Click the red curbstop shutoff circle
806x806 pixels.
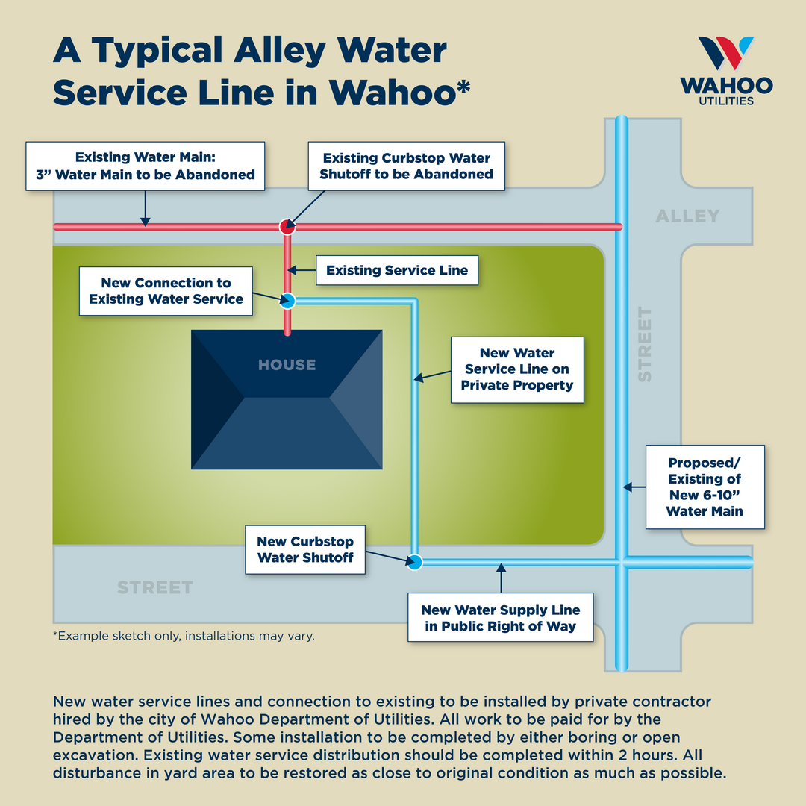click(x=287, y=226)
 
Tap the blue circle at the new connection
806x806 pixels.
click(x=288, y=301)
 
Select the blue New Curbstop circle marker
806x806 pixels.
click(x=416, y=561)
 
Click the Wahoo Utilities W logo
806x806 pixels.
click(x=725, y=53)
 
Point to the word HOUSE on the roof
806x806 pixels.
click(x=287, y=365)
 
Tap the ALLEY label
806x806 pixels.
click(x=687, y=216)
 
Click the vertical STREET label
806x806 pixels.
click(x=645, y=345)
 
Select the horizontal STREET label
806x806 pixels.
click(x=155, y=588)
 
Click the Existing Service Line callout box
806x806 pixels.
click(x=397, y=271)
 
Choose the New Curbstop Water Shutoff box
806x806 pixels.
click(x=305, y=549)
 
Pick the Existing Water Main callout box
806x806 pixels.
click(x=145, y=166)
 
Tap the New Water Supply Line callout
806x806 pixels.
click(x=500, y=618)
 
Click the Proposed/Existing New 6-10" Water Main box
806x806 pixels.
click(x=705, y=487)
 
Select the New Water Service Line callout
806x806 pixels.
click(x=516, y=369)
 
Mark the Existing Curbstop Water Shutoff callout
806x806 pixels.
click(x=406, y=166)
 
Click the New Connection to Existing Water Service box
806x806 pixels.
click(x=166, y=291)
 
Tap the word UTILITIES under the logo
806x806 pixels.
click(x=726, y=101)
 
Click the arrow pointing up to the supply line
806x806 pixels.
click(x=502, y=578)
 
